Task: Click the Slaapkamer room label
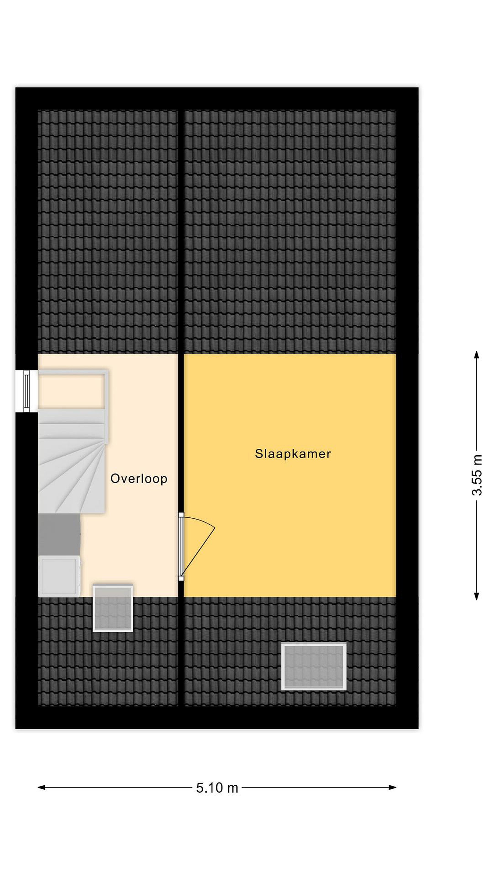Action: (x=292, y=454)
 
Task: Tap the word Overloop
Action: (x=139, y=478)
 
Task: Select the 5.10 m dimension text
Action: (x=217, y=787)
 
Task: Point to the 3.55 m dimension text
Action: (x=477, y=475)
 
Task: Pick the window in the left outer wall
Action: (x=26, y=391)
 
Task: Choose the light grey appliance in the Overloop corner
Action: (x=59, y=576)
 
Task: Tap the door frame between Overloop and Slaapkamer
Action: (x=181, y=547)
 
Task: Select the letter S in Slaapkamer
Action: (x=259, y=454)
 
